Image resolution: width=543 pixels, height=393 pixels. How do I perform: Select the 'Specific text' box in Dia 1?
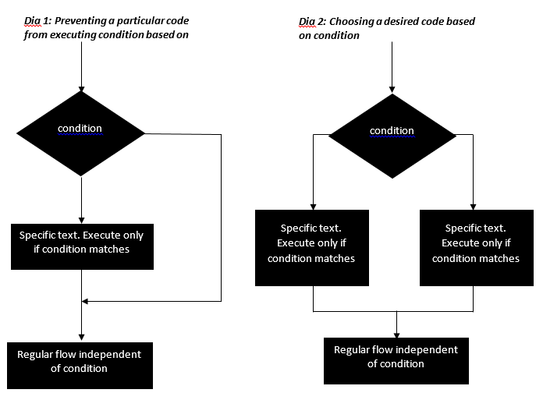pyautogui.click(x=81, y=243)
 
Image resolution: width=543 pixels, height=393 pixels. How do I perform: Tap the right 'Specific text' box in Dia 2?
pyautogui.click(x=475, y=246)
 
